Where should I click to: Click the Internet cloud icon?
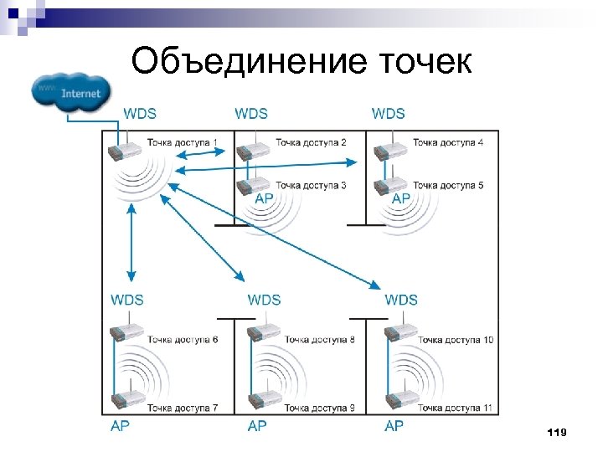pyautogui.click(x=70, y=92)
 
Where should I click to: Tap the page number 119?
pyautogui.click(x=555, y=432)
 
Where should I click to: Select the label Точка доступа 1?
pyautogui.click(x=182, y=142)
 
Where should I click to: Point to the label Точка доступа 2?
pyautogui.click(x=310, y=142)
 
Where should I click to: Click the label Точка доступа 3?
pyautogui.click(x=310, y=185)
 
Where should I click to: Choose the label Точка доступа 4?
pyautogui.click(x=448, y=142)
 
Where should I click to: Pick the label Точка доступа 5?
pyautogui.click(x=448, y=185)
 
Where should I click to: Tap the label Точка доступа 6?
pyautogui.click(x=183, y=339)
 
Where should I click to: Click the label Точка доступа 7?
pyautogui.click(x=183, y=408)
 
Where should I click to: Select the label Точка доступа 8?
pyautogui.click(x=319, y=339)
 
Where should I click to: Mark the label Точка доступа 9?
pyautogui.click(x=319, y=408)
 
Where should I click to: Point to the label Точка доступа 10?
pyautogui.click(x=455, y=339)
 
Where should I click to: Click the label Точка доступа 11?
pyautogui.click(x=455, y=408)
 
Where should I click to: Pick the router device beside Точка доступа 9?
pyautogui.click(x=265, y=402)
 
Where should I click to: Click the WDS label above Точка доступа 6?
pyautogui.click(x=126, y=300)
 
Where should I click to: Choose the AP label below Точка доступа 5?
pyautogui.click(x=401, y=198)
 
